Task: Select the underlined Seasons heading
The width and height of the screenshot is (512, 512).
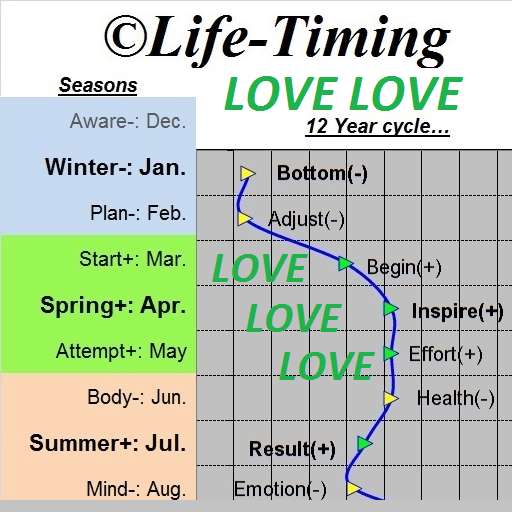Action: (x=98, y=86)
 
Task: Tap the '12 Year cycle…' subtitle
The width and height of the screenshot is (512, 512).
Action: (x=377, y=127)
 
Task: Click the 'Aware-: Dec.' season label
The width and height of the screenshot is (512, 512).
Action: (x=128, y=121)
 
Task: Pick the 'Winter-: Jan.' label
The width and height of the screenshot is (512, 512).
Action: (x=115, y=167)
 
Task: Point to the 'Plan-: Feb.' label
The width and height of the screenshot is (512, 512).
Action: (x=138, y=213)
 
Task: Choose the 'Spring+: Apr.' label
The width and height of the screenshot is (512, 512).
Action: (x=113, y=305)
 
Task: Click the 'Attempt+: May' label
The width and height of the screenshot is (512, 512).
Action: (x=121, y=351)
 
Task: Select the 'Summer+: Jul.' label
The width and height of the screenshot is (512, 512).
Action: (x=107, y=443)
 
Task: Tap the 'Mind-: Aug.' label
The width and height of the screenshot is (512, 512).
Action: (x=136, y=489)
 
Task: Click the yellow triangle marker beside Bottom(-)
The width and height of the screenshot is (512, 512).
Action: (x=248, y=173)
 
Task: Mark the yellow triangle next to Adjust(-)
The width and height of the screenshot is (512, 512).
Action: (x=245, y=219)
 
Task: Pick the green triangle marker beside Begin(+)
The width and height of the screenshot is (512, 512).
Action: (x=345, y=264)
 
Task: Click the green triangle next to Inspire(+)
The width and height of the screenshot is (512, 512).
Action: (x=390, y=309)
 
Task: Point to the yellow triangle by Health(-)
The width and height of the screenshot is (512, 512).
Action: (x=390, y=398)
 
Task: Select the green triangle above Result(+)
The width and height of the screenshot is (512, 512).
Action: (x=364, y=444)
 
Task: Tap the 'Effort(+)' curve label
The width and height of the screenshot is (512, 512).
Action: (x=446, y=354)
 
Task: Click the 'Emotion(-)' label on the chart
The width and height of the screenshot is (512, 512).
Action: (x=280, y=489)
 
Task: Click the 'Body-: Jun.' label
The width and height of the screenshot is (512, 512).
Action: (x=137, y=397)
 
